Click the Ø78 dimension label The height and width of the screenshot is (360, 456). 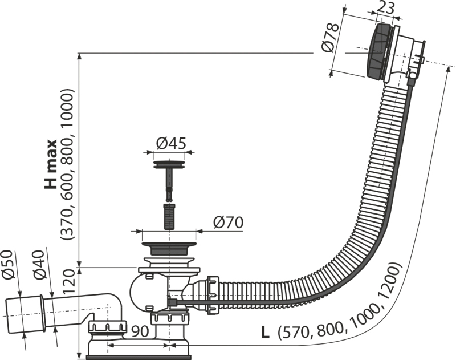pyautogui.click(x=331, y=38)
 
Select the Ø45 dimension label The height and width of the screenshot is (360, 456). pyautogui.click(x=171, y=143)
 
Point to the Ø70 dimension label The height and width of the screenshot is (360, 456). pyautogui.click(x=228, y=223)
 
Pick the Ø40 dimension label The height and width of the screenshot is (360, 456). pyautogui.click(x=39, y=265)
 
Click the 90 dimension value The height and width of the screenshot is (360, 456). pyautogui.click(x=140, y=331)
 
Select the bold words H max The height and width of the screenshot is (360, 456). pyautogui.click(x=51, y=164)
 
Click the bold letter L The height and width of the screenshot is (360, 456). pyautogui.click(x=265, y=333)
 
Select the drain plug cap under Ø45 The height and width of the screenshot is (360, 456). pyautogui.click(x=169, y=164)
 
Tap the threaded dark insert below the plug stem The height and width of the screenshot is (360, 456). pyautogui.click(x=169, y=216)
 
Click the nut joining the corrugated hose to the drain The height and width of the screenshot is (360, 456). pyautogui.click(x=212, y=295)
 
